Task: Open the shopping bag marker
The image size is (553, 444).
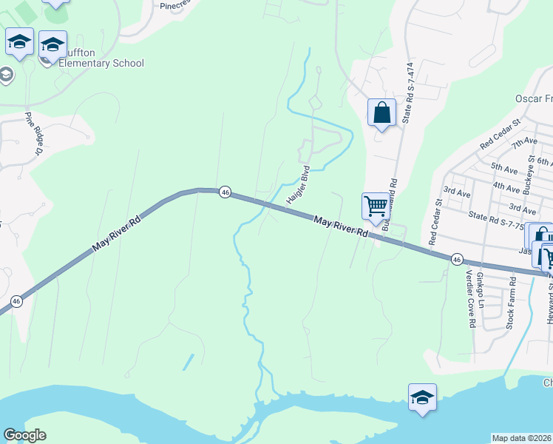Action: (381, 113)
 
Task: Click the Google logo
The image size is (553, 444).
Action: (24, 435)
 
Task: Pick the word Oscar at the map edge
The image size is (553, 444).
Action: (529, 98)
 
